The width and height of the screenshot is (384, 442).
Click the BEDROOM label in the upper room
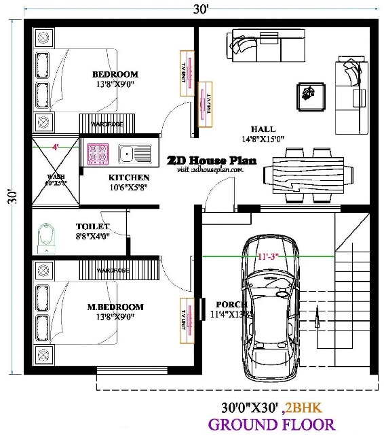(x=115, y=74)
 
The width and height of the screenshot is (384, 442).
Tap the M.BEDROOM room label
(x=115, y=307)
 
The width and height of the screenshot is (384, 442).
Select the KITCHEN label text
(x=129, y=177)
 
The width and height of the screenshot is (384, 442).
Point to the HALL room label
(x=263, y=129)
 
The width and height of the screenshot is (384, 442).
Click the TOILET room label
(x=92, y=226)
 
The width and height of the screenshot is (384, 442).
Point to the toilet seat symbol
(x=47, y=235)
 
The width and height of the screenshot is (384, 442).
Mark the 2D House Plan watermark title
(x=211, y=160)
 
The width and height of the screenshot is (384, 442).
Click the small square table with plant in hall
(x=309, y=95)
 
